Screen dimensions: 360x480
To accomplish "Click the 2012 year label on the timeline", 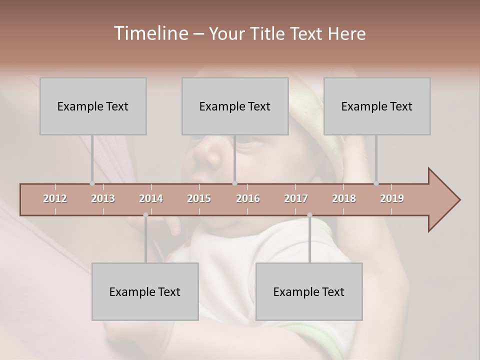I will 55,198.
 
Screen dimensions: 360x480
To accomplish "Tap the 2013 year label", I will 103,198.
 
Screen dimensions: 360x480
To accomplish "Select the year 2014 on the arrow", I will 151,198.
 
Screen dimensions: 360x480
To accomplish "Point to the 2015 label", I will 199,198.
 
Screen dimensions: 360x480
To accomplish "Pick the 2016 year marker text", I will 248,198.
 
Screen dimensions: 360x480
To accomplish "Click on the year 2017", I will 296,198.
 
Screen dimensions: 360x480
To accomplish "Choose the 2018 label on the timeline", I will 344,198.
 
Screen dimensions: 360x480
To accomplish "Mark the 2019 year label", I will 392,198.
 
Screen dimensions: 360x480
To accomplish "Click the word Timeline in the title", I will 150,33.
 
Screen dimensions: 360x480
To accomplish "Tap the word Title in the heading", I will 268,33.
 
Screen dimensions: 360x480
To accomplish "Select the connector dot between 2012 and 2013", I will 92,183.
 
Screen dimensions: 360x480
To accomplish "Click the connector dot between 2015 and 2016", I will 234,183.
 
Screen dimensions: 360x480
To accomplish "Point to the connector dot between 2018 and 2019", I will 376,183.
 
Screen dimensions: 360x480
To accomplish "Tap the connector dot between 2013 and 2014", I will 145,215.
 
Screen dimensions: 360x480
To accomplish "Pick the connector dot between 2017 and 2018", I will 309,215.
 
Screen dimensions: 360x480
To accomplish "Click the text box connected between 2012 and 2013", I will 93,106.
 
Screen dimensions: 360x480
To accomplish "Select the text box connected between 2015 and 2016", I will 235,106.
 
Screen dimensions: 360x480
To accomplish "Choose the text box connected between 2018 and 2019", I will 377,106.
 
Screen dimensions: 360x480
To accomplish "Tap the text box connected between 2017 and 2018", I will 309,291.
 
